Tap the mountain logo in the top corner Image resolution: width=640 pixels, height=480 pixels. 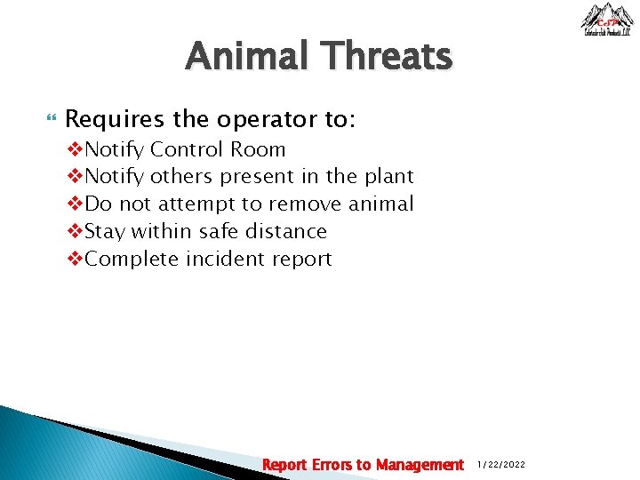pyautogui.click(x=607, y=20)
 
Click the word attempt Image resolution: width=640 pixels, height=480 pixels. pyautogui.click(x=192, y=204)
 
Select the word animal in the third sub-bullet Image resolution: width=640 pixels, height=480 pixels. pyautogui.click(x=380, y=204)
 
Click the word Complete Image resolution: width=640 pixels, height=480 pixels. pyautogui.click(x=132, y=260)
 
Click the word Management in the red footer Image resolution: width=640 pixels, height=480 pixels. pyautogui.click(x=420, y=465)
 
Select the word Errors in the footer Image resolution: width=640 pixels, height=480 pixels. pyautogui.click(x=331, y=465)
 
